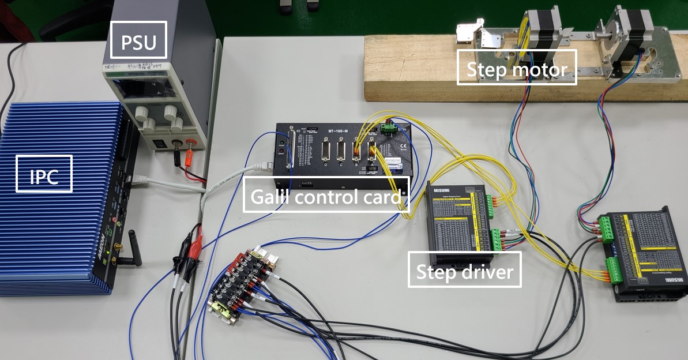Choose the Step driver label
(x=464, y=269)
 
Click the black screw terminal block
(x=243, y=282)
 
